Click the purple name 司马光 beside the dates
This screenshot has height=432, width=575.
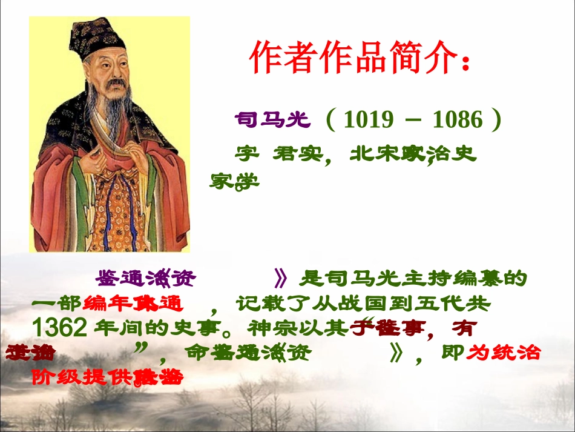[x=272, y=120]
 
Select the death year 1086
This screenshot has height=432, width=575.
[x=458, y=120]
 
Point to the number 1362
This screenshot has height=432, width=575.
[x=59, y=328]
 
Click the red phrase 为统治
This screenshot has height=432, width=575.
[x=505, y=352]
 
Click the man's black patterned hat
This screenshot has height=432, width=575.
[x=97, y=40]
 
